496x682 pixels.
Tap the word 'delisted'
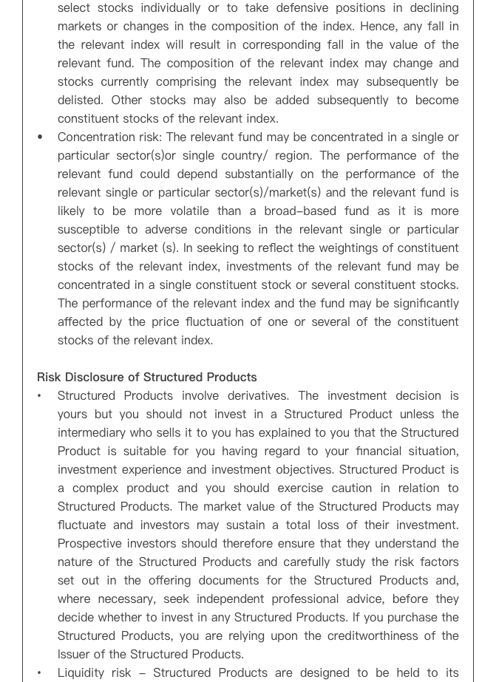click(x=81, y=100)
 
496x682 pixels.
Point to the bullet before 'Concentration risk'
click(x=40, y=137)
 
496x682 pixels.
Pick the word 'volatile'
click(x=183, y=211)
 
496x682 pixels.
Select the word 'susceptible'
click(x=91, y=229)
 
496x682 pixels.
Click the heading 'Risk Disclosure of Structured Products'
click(x=147, y=377)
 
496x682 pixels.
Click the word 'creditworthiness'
click(x=353, y=635)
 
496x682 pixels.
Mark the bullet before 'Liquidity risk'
click(x=40, y=672)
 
